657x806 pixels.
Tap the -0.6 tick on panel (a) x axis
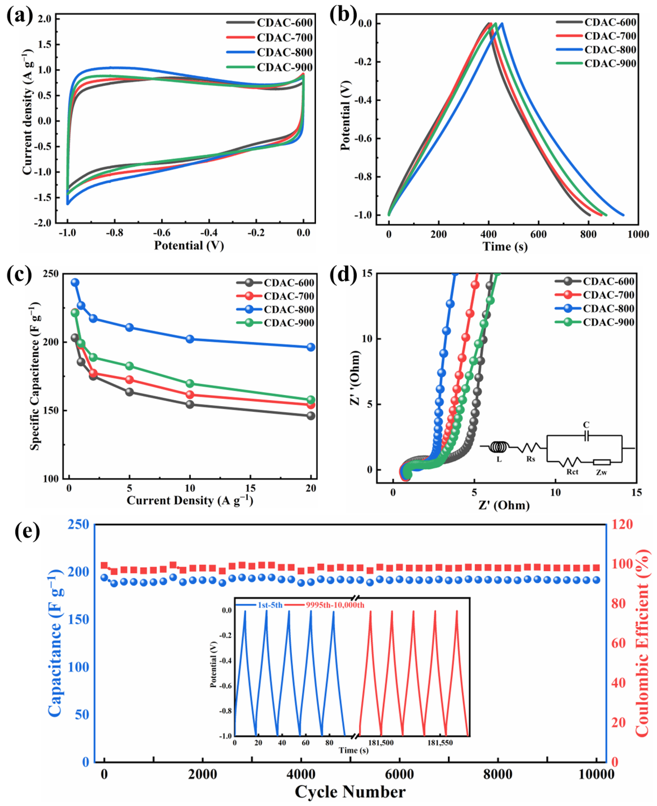pos(162,233)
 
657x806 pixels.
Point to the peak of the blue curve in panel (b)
pos(502,23)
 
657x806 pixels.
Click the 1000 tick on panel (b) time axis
pos(638,234)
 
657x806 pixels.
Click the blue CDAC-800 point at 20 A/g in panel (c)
pos(311,347)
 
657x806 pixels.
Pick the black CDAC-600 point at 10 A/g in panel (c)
pos(190,404)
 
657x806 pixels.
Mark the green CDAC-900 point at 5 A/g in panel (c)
pos(129,366)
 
